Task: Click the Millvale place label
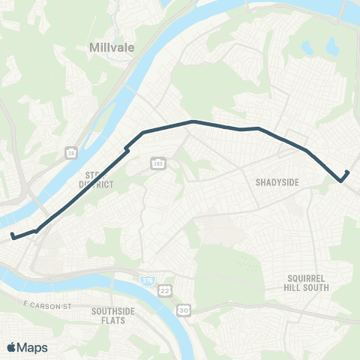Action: coord(112,47)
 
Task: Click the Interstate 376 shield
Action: coord(147,280)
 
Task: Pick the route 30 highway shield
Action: coord(183,308)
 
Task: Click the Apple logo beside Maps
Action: coord(13,347)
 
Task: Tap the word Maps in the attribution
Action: coord(33,347)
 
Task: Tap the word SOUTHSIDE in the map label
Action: coord(112,310)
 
